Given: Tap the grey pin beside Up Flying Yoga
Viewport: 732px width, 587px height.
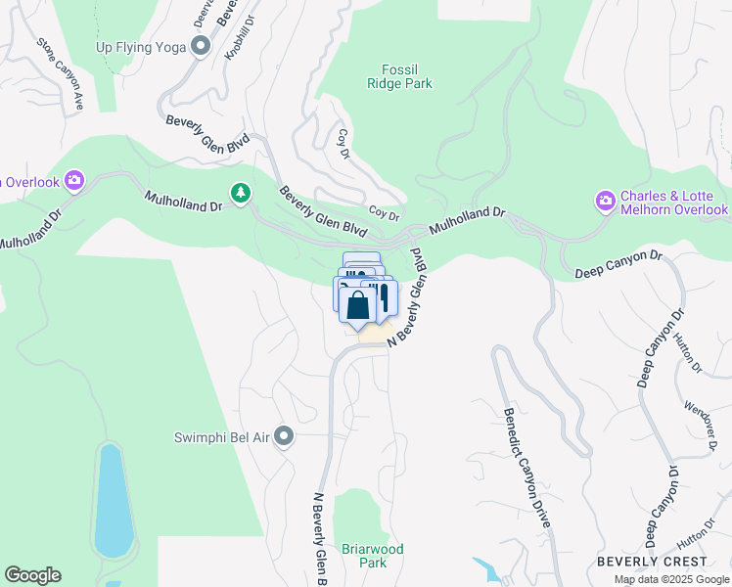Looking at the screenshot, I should click(x=202, y=45).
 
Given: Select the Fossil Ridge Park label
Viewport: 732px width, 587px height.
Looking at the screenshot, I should click(x=406, y=76).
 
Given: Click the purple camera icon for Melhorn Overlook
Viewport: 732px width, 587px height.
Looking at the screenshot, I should click(x=606, y=202).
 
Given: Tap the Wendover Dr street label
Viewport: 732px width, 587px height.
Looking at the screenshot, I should click(x=700, y=420).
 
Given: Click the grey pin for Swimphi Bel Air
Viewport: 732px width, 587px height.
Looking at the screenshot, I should click(x=284, y=436).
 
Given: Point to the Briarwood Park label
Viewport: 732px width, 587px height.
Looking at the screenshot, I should click(x=372, y=556).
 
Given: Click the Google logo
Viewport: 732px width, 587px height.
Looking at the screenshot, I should click(x=32, y=575).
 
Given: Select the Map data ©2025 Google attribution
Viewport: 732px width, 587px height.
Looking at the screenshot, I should click(x=672, y=579).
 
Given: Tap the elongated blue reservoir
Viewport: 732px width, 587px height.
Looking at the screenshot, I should click(x=113, y=499).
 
